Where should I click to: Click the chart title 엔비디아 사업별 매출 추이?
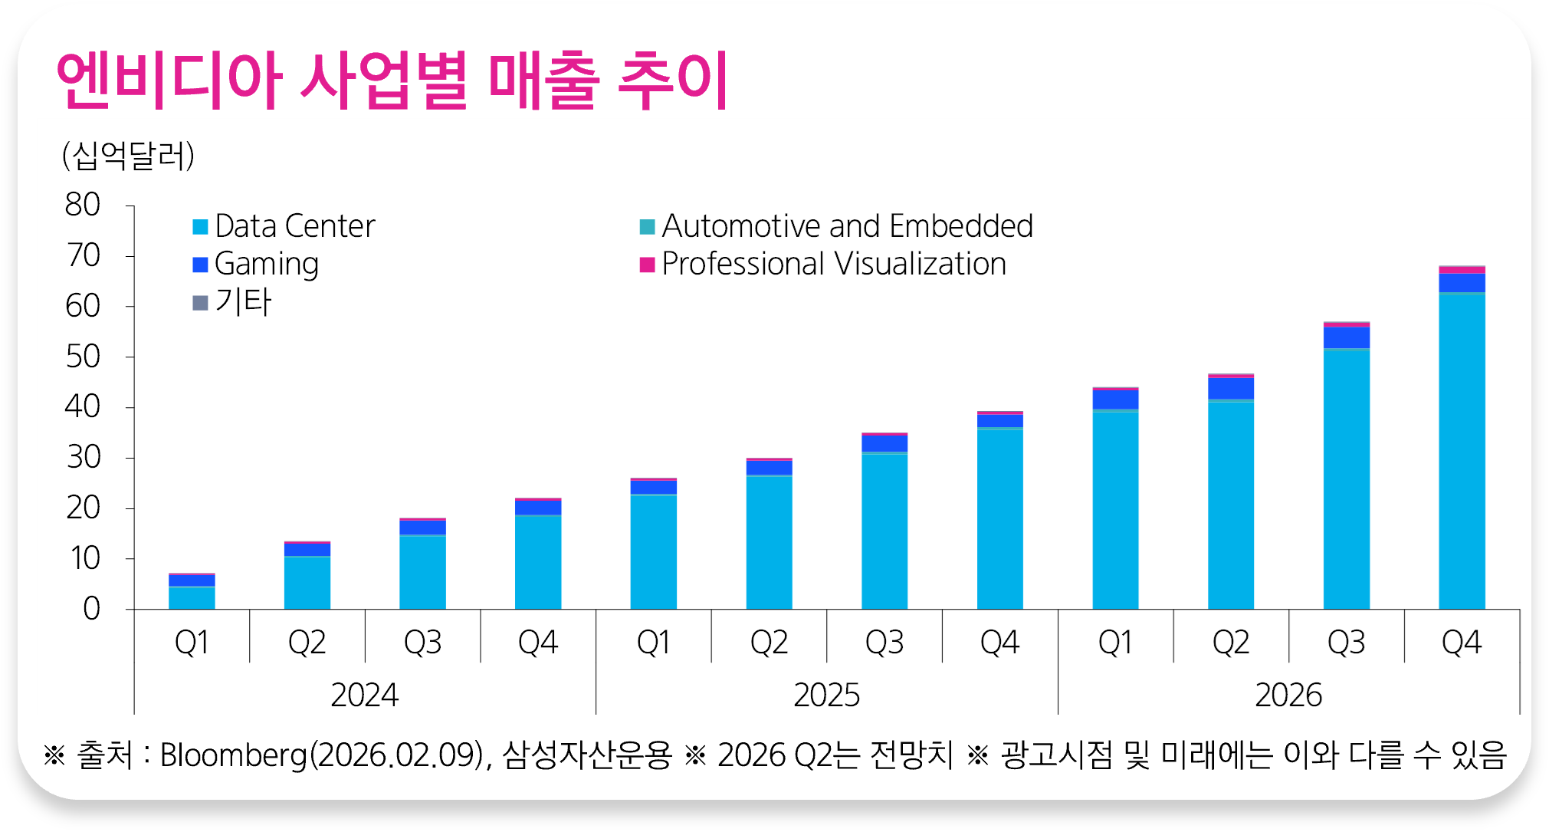392,81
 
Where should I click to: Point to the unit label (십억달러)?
128,156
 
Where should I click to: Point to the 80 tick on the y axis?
83,205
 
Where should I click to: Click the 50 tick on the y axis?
83,357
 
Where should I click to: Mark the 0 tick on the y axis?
91,609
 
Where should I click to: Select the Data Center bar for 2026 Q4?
1462,452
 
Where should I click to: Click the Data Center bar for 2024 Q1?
192,598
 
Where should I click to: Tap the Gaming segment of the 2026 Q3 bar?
1347,337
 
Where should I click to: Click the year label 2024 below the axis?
365,696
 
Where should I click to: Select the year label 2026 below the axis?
1288,696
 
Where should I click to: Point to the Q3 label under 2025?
884,643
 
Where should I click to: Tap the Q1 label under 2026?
1115,643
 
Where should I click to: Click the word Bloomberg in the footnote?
233,755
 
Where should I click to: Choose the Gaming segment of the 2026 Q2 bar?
1231,388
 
